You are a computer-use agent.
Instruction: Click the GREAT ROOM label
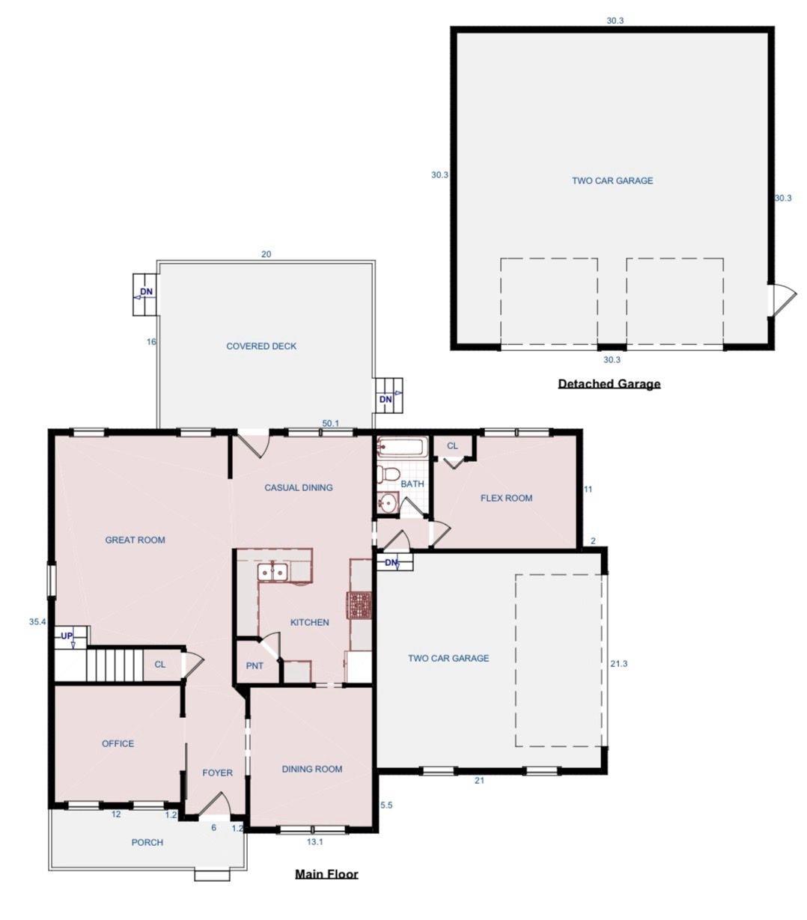click(x=135, y=540)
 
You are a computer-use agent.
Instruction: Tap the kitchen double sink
click(x=272, y=572)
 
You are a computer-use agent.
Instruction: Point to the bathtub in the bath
click(x=402, y=448)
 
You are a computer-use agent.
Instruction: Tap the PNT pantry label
click(x=255, y=665)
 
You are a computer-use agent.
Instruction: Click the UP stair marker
click(x=67, y=636)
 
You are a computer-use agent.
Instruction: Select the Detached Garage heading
click(x=609, y=384)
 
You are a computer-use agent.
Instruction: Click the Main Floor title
click(x=326, y=874)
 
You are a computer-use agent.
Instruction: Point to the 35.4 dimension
click(x=37, y=621)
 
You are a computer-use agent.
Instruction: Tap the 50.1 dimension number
click(x=330, y=423)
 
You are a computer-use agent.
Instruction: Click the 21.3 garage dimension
click(x=618, y=663)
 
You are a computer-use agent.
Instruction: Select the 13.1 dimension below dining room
click(x=314, y=841)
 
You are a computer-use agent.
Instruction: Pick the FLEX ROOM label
click(x=506, y=498)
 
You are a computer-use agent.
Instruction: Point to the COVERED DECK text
click(x=261, y=346)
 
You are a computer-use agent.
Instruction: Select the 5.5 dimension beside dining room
click(x=386, y=805)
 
